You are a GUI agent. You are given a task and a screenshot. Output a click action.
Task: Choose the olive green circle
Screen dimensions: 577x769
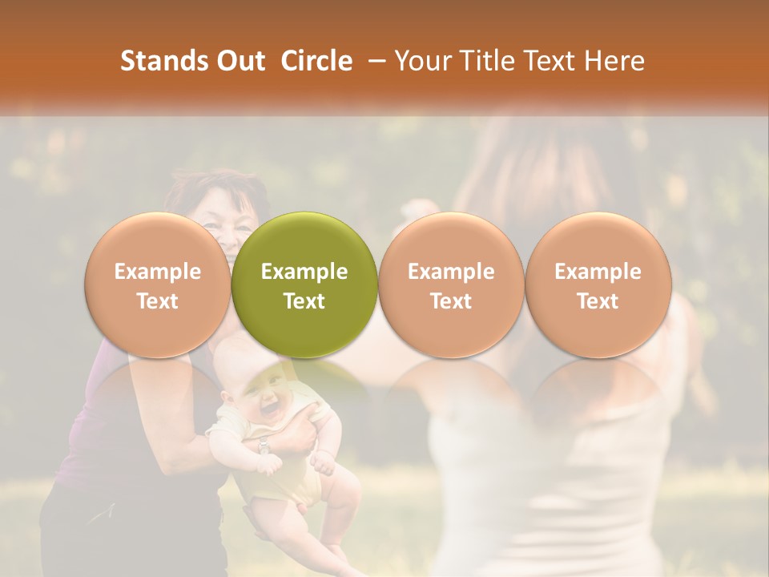click(x=304, y=284)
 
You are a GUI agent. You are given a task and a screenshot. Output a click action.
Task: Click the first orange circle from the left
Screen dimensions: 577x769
click(x=158, y=284)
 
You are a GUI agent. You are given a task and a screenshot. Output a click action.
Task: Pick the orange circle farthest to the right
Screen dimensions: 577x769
click(x=598, y=284)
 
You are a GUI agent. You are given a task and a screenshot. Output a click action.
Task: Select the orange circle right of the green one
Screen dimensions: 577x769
click(x=451, y=284)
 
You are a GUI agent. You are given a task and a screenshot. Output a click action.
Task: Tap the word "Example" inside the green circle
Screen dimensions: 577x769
click(x=304, y=272)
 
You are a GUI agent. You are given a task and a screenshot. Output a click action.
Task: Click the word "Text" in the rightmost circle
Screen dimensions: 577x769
click(x=598, y=301)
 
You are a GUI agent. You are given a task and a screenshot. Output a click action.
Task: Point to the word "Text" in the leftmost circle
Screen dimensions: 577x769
click(x=158, y=301)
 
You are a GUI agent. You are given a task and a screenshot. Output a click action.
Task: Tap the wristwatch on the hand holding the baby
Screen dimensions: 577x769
click(x=264, y=446)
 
